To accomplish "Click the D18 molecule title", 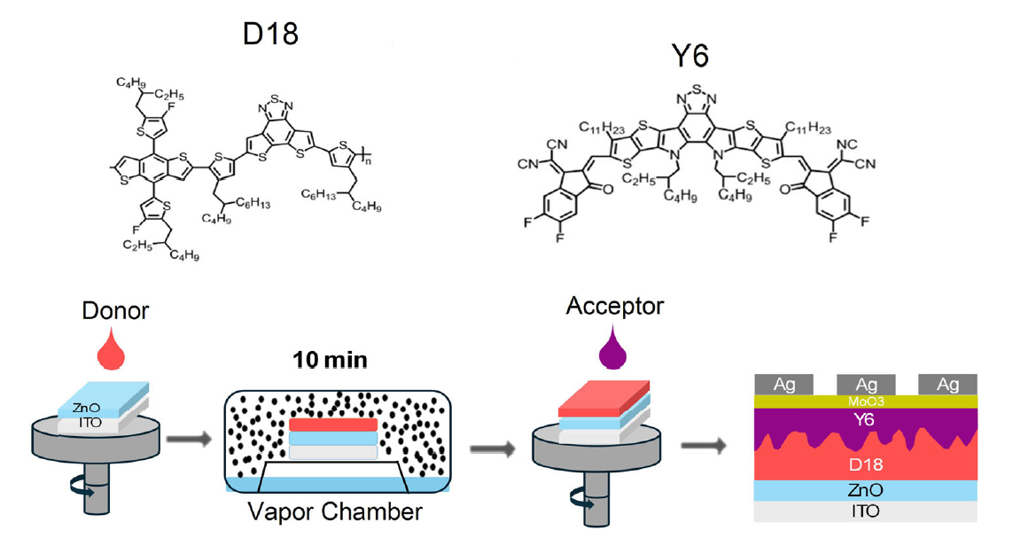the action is (x=270, y=33).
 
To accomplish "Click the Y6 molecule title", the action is (x=690, y=56).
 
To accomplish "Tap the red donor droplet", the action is (x=111, y=352).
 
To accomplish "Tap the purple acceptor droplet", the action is (x=613, y=347).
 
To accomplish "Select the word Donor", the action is (x=115, y=310).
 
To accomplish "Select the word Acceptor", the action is (x=615, y=306).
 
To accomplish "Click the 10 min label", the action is (x=330, y=360).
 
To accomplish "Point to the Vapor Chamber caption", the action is (x=335, y=511).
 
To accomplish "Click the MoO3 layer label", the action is (x=866, y=401).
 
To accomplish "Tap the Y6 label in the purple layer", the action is (x=865, y=419).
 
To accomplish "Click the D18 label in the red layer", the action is (x=866, y=465).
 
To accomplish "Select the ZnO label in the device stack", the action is (x=866, y=490).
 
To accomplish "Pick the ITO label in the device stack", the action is (x=866, y=511).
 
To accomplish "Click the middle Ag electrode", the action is (x=866, y=385).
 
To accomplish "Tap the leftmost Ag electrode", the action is (x=784, y=385).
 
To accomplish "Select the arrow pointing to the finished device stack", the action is (x=705, y=446).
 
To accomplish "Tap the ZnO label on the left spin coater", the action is (x=86, y=409).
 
